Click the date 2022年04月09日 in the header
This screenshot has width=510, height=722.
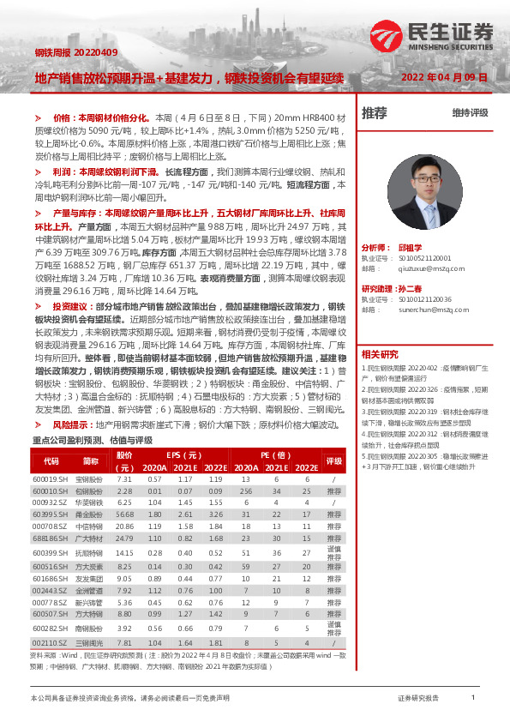pos(444,76)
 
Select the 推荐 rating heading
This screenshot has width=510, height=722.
pos(375,112)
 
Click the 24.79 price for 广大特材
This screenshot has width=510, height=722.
pos(125,538)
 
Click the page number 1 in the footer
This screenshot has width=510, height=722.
pos(473,698)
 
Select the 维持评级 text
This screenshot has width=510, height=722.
pos(470,113)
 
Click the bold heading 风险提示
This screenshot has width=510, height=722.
pos(72,424)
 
